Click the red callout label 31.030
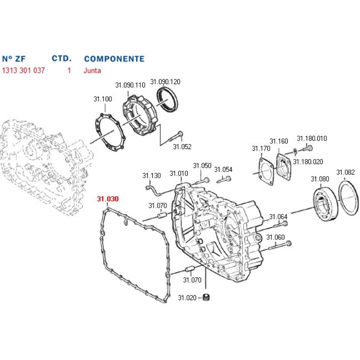108,199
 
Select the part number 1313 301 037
23,70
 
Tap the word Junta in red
92,70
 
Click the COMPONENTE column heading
114,59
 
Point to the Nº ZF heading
14,59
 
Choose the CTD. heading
62,58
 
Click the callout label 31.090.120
165,82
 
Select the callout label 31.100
103,99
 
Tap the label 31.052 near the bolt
182,147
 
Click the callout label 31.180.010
312,138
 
